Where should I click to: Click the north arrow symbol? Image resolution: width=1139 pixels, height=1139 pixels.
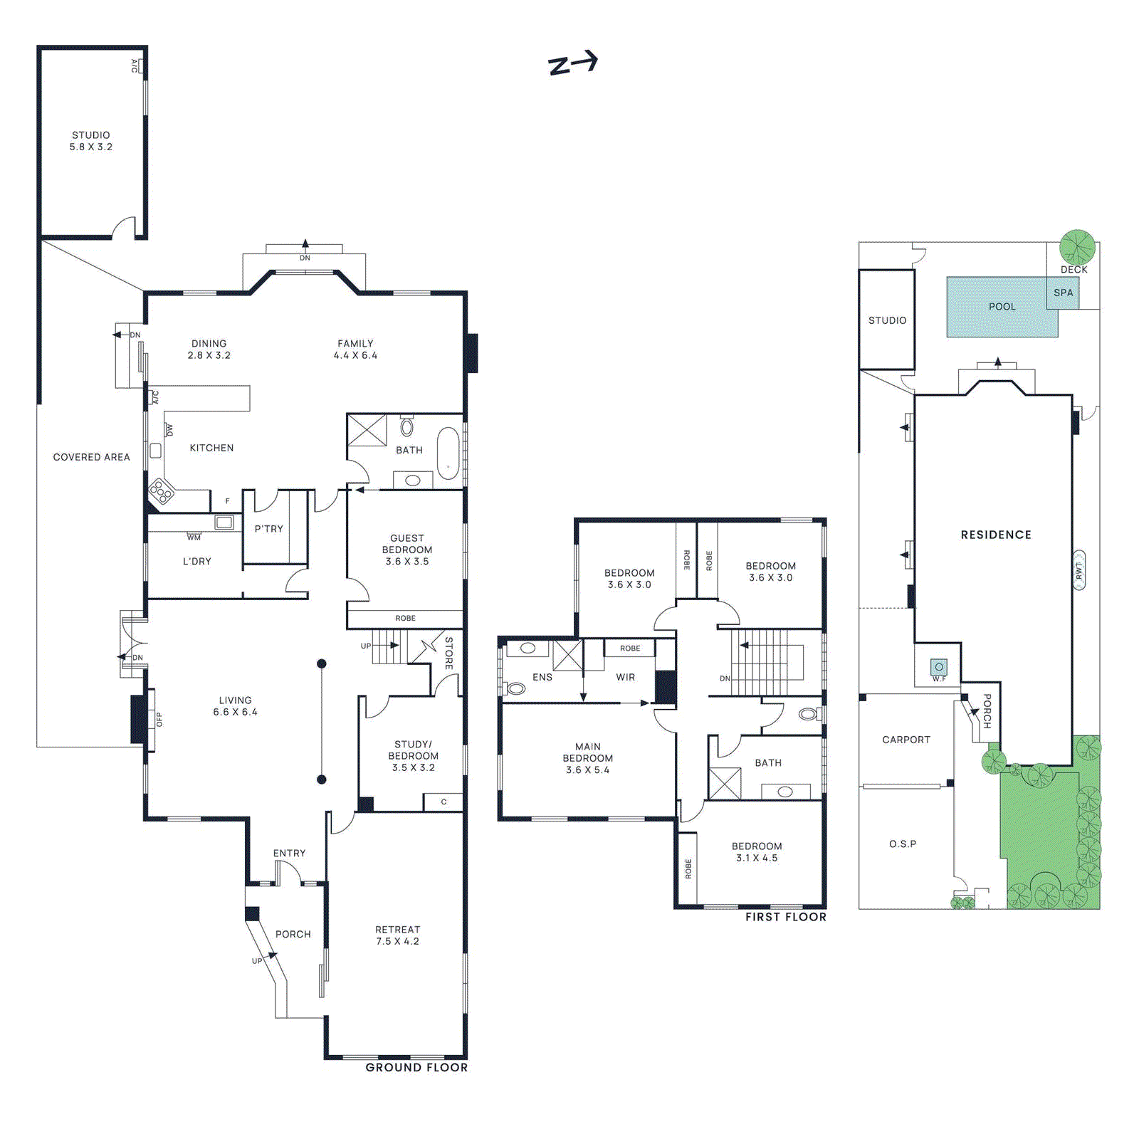coord(572,63)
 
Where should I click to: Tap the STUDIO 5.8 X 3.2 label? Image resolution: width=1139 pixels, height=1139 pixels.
coord(90,141)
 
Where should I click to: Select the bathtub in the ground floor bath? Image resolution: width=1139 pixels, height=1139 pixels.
coord(448,453)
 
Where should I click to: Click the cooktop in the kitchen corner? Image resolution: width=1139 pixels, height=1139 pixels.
coord(161,491)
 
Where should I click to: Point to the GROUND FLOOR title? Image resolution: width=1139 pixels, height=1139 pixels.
coord(416,1067)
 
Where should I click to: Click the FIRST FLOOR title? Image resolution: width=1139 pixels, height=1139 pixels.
coord(785,917)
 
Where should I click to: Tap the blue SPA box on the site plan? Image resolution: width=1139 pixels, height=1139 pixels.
coord(1063,293)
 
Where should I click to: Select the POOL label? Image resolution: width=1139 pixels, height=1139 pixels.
coord(1002,307)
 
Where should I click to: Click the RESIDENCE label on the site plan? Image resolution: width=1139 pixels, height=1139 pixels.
coord(995,535)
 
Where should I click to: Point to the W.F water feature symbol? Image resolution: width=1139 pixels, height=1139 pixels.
coord(939,668)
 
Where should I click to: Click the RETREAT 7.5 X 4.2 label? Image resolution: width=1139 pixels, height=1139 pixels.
coord(397,935)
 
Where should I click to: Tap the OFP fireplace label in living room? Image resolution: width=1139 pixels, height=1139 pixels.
coord(159,720)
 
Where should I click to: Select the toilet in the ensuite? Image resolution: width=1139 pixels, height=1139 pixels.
coord(515,688)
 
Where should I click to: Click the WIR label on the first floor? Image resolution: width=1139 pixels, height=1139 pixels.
coord(625,677)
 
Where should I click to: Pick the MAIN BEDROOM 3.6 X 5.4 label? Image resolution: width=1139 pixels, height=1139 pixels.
coord(587,758)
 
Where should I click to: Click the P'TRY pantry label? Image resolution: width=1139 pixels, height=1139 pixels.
coord(268,529)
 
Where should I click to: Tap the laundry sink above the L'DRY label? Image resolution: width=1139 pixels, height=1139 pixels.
coord(224,523)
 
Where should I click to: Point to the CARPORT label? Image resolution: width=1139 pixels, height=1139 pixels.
coord(906,740)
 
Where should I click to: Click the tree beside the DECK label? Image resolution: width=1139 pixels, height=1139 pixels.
coord(1076,247)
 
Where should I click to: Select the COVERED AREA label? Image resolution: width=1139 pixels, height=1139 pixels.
coord(91,457)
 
